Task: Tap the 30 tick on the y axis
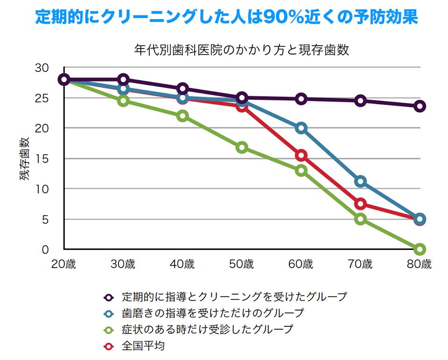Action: tap(42, 68)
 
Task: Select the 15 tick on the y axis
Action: tap(42, 159)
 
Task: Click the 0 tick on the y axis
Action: tap(45, 249)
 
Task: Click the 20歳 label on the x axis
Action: tap(63, 264)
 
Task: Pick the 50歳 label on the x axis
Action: tap(241, 264)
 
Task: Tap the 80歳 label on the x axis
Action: tap(420, 264)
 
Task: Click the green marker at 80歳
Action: tap(420, 249)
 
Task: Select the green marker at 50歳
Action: tap(242, 148)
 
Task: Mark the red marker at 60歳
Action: tap(301, 155)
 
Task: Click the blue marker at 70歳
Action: tap(360, 181)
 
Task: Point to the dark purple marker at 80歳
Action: tap(420, 106)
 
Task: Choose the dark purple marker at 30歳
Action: tap(123, 79)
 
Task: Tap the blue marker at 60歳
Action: tap(301, 128)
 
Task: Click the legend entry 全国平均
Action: tap(143, 346)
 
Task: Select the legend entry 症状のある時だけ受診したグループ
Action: tap(207, 329)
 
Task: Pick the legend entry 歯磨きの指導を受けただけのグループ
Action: tap(212, 313)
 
